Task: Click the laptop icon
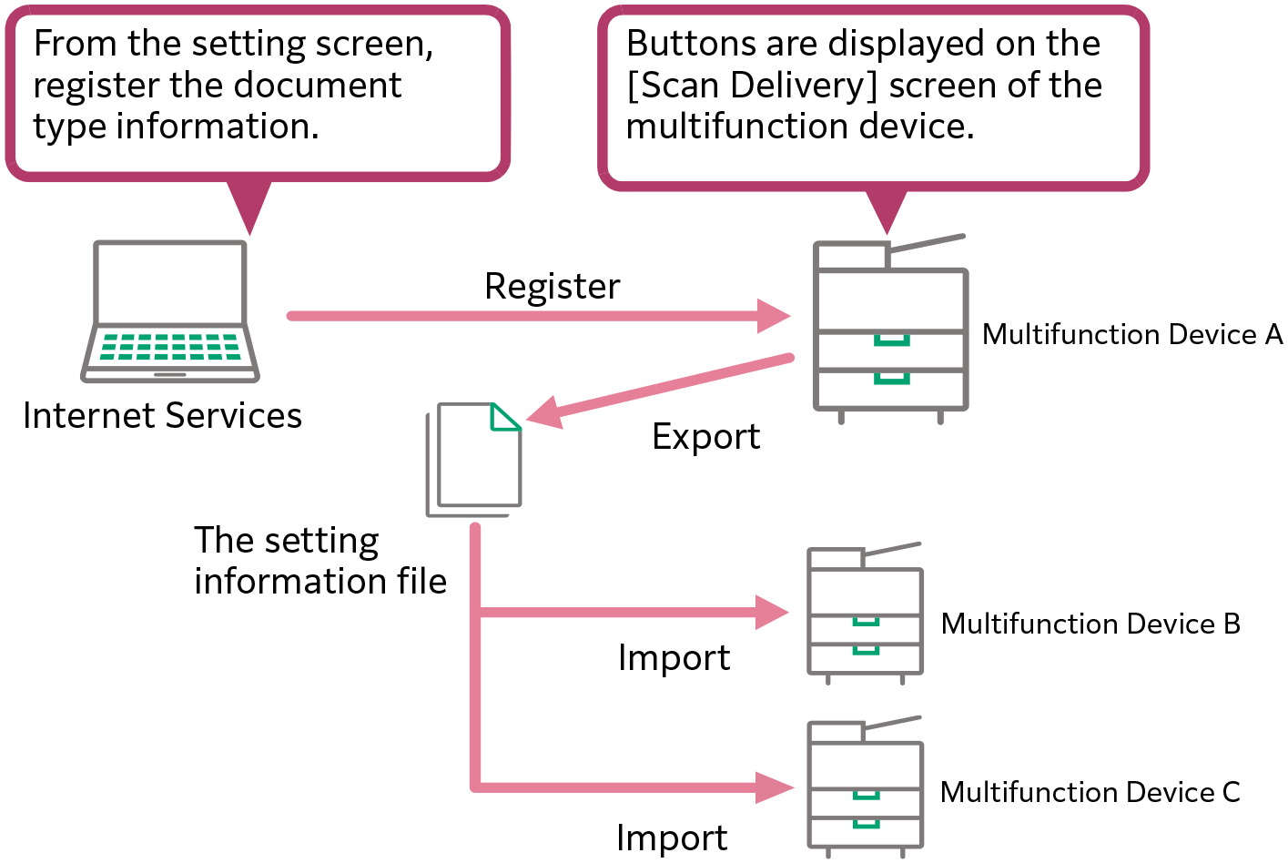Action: click(x=170, y=310)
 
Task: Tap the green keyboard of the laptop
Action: click(x=170, y=347)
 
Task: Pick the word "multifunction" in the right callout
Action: click(x=737, y=127)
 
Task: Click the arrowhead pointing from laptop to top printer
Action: click(x=773, y=316)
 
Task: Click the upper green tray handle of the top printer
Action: click(x=891, y=341)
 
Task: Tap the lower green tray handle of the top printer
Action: click(x=891, y=379)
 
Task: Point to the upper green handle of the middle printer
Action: click(x=866, y=622)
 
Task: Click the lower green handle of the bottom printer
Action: click(x=866, y=825)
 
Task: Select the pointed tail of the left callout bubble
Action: click(x=248, y=208)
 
